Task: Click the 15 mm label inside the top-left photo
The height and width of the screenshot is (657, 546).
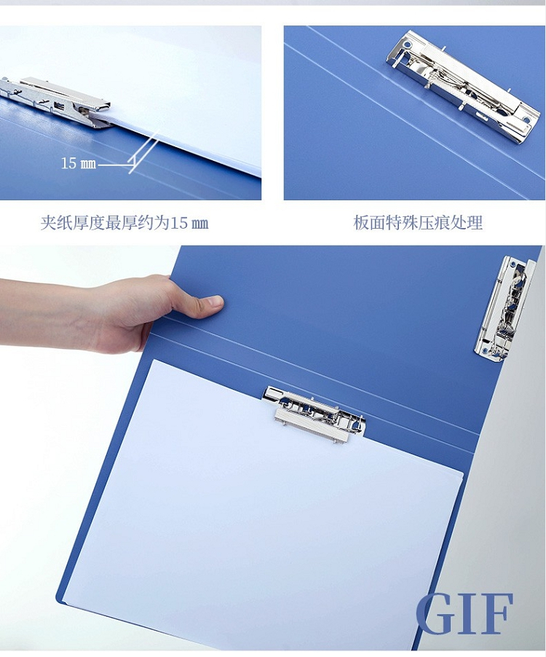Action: click(x=79, y=163)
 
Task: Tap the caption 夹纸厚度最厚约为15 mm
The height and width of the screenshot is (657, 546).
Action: click(x=124, y=222)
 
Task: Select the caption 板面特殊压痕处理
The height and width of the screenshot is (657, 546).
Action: click(x=418, y=222)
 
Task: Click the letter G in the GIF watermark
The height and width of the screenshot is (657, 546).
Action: click(x=435, y=613)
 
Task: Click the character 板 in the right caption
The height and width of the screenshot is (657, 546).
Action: click(x=361, y=222)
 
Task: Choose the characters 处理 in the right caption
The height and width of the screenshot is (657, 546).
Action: click(x=467, y=222)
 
